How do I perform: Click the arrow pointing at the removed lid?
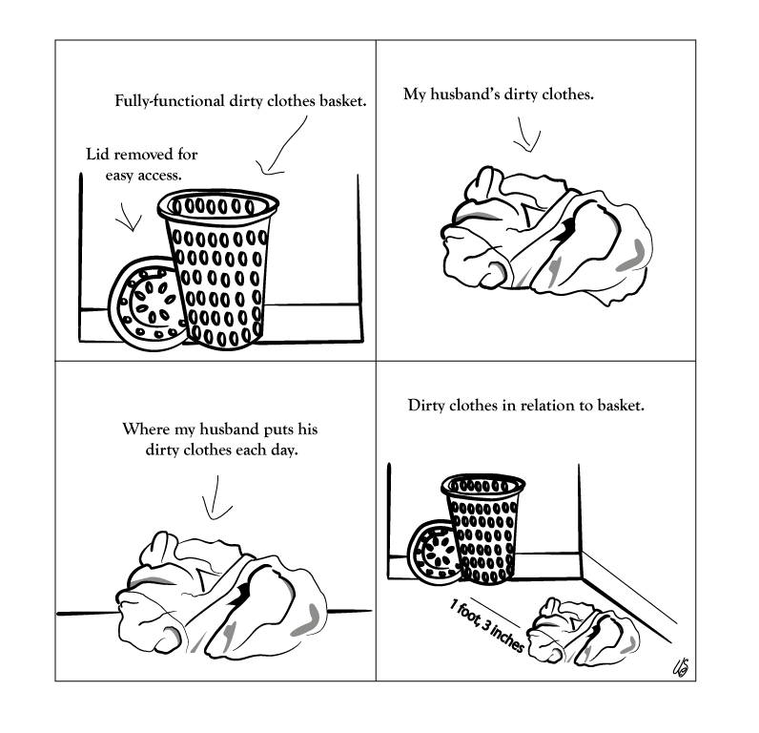(x=129, y=217)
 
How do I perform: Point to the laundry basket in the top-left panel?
(x=217, y=269)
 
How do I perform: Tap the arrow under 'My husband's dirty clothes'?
(x=526, y=136)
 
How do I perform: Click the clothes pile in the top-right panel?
(x=546, y=238)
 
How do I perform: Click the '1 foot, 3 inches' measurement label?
(x=487, y=625)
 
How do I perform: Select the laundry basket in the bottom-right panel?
(x=483, y=529)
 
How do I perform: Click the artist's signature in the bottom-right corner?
(x=681, y=667)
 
